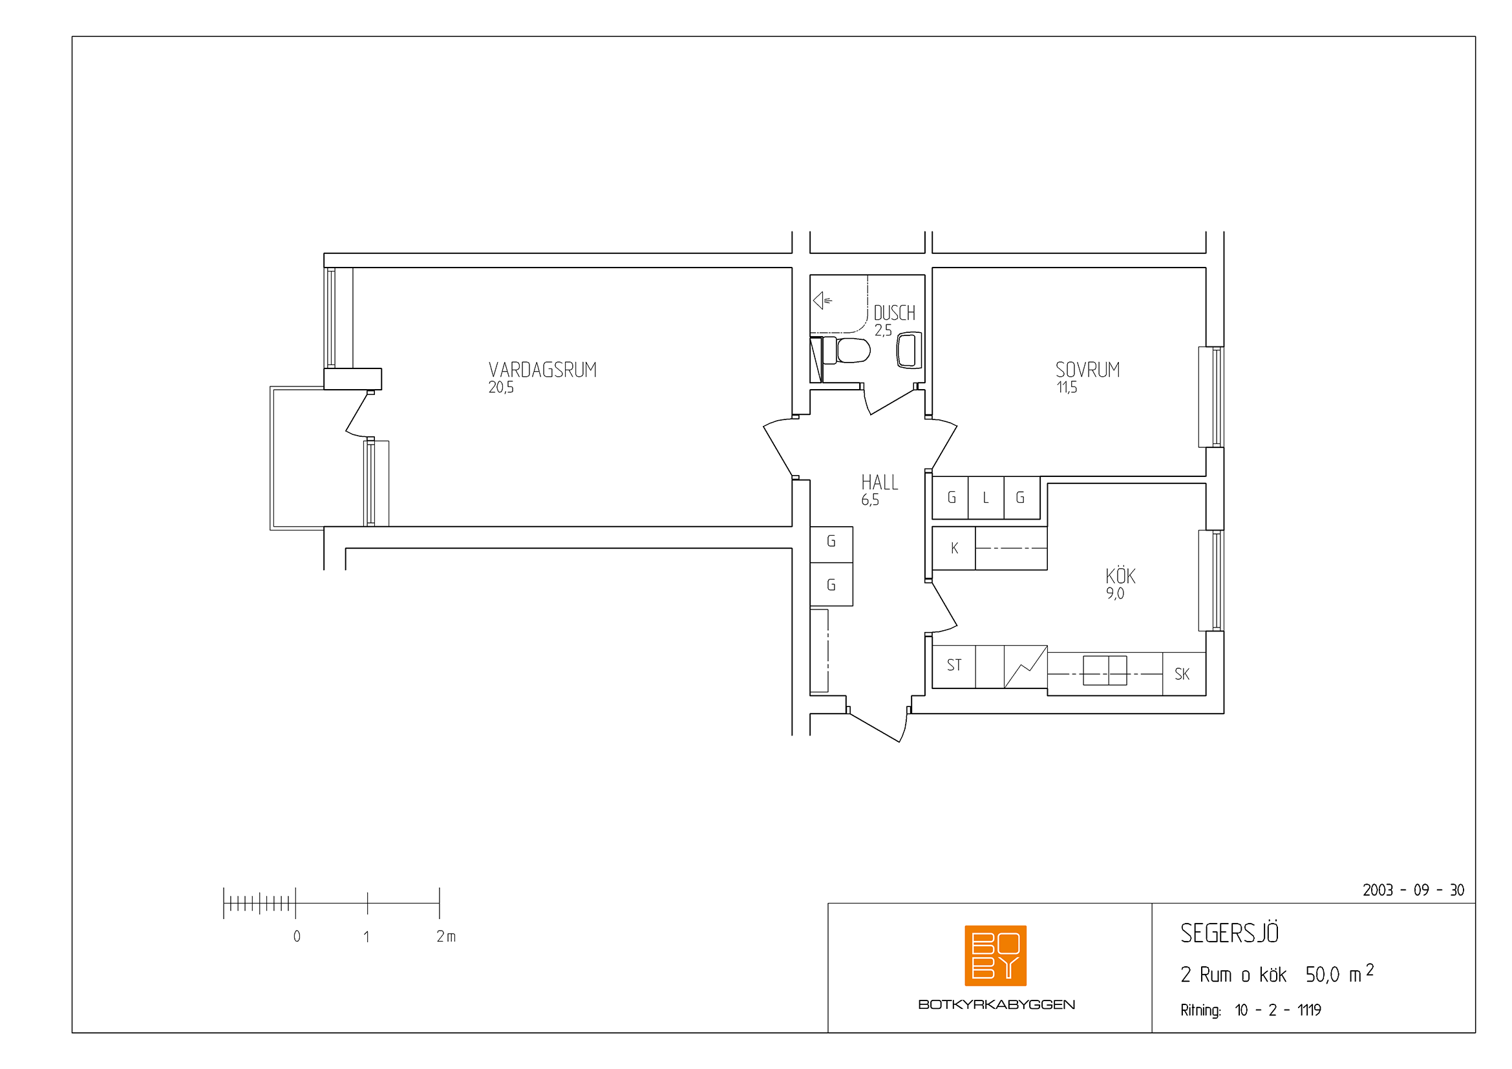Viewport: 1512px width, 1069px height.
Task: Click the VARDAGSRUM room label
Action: point(542,370)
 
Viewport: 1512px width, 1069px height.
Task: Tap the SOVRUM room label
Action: point(1087,370)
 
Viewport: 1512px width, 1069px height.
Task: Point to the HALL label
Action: point(879,483)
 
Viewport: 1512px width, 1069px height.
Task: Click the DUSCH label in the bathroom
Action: point(894,313)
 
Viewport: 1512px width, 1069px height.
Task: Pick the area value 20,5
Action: point(501,388)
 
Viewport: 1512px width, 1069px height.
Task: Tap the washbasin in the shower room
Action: point(910,350)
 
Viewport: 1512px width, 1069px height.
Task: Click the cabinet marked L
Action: point(986,498)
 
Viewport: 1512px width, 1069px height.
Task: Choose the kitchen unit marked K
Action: point(954,547)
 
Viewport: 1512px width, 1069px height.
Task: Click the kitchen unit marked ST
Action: point(954,666)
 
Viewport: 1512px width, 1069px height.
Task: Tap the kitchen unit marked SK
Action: point(1184,674)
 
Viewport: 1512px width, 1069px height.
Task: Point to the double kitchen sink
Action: point(1104,670)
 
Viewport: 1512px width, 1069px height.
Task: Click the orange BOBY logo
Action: point(995,955)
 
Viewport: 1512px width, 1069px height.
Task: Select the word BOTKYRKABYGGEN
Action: point(996,1004)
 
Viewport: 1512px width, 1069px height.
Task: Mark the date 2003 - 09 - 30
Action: point(1413,890)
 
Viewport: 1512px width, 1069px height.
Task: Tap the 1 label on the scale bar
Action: point(366,936)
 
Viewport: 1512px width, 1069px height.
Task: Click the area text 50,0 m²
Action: point(1339,973)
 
